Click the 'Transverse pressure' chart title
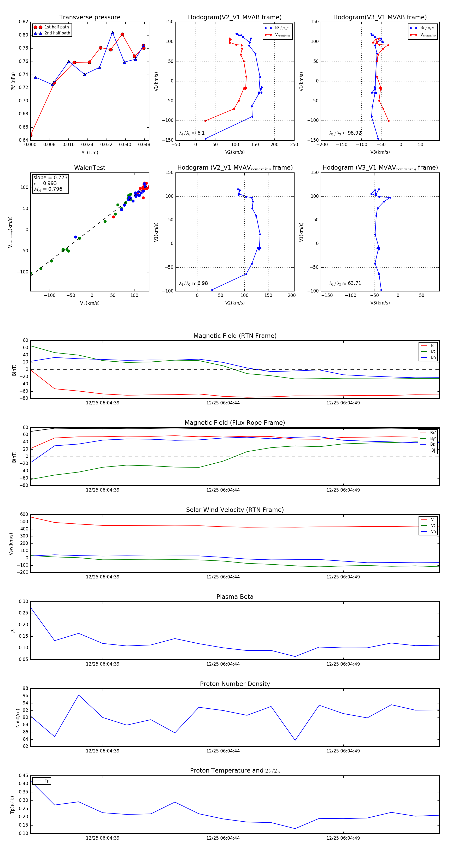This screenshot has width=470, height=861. click(x=90, y=17)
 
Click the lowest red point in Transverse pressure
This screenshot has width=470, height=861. click(x=31, y=135)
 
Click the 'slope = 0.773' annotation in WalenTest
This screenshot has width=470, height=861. click(x=50, y=177)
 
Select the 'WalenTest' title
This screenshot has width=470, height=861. click(x=90, y=168)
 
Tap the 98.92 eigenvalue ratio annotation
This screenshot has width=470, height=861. click(x=354, y=133)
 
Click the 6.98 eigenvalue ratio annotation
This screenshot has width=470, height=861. click(x=202, y=283)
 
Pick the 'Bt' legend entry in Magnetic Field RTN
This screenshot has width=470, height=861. click(x=433, y=351)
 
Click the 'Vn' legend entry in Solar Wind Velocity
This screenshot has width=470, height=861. click(x=433, y=531)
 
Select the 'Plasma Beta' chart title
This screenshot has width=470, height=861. click(x=235, y=597)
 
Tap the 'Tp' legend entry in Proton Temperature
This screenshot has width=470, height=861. click(x=47, y=781)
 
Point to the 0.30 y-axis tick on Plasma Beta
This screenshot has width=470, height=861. click(x=23, y=601)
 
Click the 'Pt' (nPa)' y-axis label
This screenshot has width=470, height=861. click(x=13, y=81)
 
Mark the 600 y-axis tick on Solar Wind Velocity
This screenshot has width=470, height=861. click(x=24, y=515)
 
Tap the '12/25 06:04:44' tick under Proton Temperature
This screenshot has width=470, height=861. click(x=223, y=838)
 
